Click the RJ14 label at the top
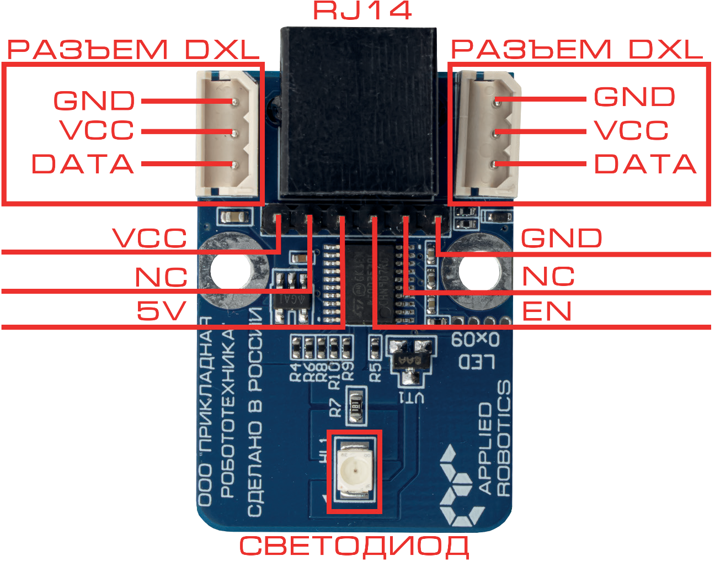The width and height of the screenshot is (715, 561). pyautogui.click(x=362, y=10)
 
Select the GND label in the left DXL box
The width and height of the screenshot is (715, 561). pyautogui.click(x=94, y=101)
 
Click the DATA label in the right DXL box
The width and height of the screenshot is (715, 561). pyautogui.click(x=645, y=164)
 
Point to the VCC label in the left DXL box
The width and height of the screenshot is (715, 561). pyautogui.click(x=97, y=131)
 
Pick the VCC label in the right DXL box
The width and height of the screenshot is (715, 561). pyautogui.click(x=632, y=131)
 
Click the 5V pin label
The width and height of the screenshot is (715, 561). pyautogui.click(x=161, y=311)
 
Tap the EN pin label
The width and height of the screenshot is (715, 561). pyautogui.click(x=546, y=311)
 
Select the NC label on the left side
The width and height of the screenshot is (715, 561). pyautogui.click(x=161, y=277)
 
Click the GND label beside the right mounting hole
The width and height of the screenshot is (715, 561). pyautogui.click(x=561, y=239)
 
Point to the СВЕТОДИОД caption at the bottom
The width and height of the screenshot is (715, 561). pyautogui.click(x=354, y=546)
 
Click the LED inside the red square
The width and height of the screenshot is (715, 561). pyautogui.click(x=354, y=471)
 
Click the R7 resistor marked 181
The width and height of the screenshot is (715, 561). pyautogui.click(x=355, y=406)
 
